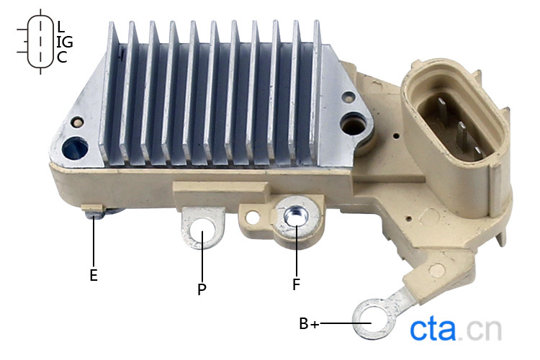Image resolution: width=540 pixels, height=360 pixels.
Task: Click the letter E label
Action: coord(94,275)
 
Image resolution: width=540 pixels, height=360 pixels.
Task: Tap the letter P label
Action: coord(202,289)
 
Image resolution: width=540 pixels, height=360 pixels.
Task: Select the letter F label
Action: coord(296,284)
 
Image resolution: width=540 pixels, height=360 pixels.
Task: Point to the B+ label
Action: coord(309,323)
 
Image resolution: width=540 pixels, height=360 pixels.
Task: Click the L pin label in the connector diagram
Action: coord(61,27)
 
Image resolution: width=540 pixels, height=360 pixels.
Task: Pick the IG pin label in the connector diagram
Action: coord(65,42)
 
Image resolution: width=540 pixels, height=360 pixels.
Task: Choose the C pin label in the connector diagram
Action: coord(62,57)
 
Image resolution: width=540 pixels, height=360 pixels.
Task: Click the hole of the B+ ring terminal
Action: coord(372,320)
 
